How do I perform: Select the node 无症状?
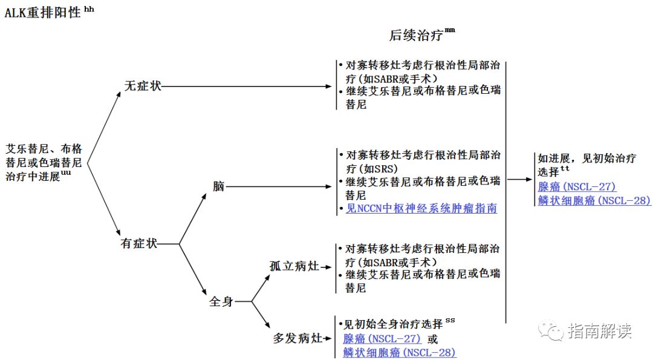(143, 86)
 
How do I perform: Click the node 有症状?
(139, 243)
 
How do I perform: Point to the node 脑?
(218, 186)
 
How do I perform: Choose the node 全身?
(221, 301)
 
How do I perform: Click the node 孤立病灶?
(293, 266)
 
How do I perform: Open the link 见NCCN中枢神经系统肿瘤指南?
(421, 208)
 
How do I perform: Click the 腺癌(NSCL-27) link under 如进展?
(577, 187)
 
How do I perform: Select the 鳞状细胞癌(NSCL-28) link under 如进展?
(594, 201)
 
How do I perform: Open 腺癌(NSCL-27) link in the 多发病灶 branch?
(382, 339)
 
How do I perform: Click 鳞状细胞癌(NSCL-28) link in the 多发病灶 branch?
(400, 352)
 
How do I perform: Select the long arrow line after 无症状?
(248, 86)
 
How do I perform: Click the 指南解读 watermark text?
(600, 330)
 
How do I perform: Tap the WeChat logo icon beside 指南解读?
(551, 330)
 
